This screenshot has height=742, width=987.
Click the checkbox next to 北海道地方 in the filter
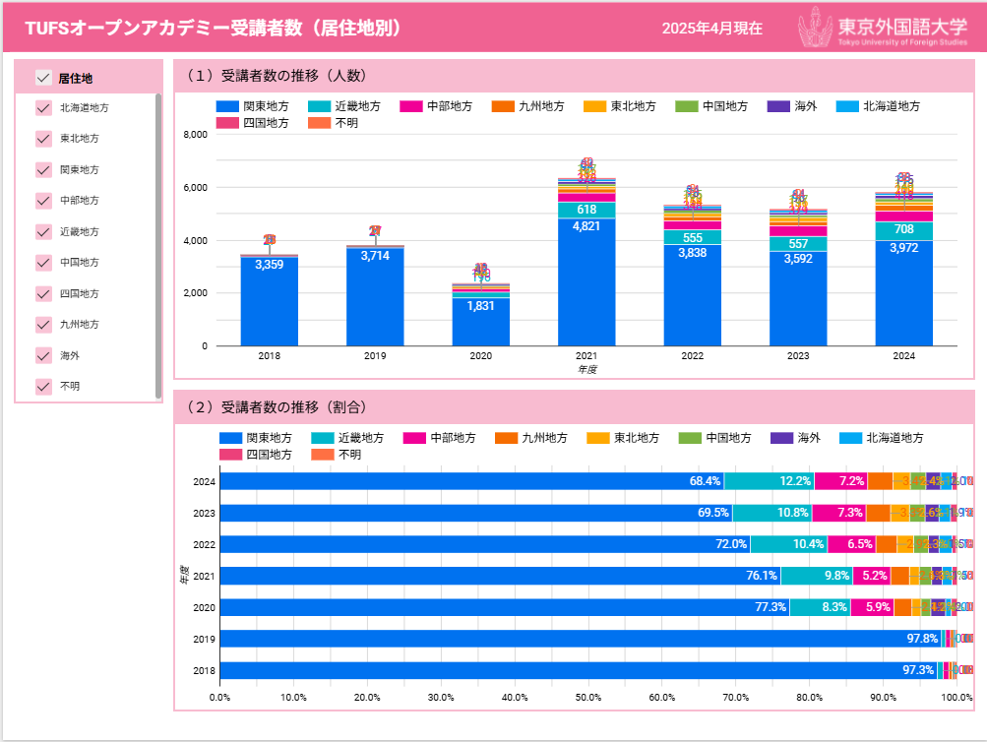pyautogui.click(x=43, y=108)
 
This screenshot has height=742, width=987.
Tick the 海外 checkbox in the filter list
pyautogui.click(x=43, y=355)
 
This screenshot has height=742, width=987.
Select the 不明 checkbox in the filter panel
pyautogui.click(x=43, y=387)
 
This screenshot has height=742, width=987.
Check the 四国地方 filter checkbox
pyautogui.click(x=43, y=293)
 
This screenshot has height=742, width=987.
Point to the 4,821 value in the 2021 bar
pyautogui.click(x=586, y=225)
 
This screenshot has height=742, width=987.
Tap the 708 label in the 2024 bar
pyautogui.click(x=904, y=230)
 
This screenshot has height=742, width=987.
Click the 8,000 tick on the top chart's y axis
pyautogui.click(x=196, y=134)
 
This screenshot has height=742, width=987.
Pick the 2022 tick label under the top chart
pyautogui.click(x=693, y=356)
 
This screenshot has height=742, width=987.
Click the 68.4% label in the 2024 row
pyautogui.click(x=706, y=481)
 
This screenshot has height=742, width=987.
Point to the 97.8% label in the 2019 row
pyautogui.click(x=922, y=640)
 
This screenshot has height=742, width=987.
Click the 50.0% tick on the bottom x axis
pyautogui.click(x=588, y=698)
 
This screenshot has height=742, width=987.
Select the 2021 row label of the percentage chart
pyautogui.click(x=204, y=576)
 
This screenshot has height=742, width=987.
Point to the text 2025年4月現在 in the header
pyautogui.click(x=711, y=29)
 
